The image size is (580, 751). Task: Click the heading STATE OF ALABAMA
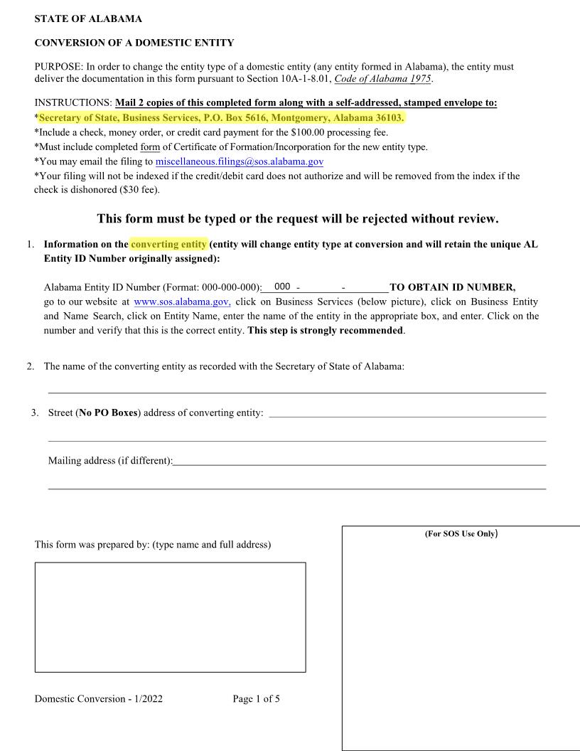(87, 18)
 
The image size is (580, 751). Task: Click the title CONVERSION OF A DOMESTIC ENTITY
(134, 43)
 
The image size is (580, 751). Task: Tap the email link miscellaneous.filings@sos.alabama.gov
(240, 161)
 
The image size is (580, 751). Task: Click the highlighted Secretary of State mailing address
(221, 118)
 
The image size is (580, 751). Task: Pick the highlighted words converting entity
(168, 244)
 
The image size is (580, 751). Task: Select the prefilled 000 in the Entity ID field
(282, 287)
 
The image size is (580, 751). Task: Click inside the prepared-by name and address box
(170, 617)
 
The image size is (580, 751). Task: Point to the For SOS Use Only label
(461, 533)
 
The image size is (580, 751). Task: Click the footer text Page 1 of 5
(256, 698)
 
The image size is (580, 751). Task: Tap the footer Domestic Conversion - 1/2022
(99, 698)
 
